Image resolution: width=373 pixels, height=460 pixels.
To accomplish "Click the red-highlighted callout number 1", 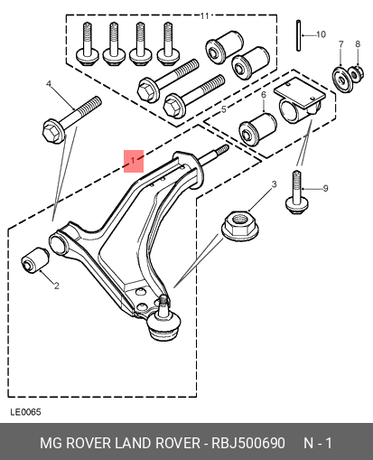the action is [134, 161].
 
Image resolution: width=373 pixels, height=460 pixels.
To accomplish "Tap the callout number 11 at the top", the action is [205, 15].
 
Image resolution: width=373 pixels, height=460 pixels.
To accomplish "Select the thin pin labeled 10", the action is [298, 35].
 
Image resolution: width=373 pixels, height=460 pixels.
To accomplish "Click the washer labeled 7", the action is [342, 80].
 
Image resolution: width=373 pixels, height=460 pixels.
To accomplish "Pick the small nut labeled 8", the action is [357, 73].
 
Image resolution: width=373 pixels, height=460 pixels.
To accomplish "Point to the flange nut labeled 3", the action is [240, 226].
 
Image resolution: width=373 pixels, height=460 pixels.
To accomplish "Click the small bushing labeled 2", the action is [35, 259].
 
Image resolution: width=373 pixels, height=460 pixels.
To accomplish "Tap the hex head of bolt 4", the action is [53, 132].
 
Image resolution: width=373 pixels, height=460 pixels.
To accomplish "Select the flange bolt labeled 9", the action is [297, 193].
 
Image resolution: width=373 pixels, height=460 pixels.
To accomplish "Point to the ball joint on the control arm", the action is [164, 324].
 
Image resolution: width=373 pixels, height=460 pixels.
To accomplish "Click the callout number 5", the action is [223, 109].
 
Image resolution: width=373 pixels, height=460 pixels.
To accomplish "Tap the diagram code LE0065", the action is [25, 412].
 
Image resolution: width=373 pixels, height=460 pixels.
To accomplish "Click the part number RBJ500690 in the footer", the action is [248, 443].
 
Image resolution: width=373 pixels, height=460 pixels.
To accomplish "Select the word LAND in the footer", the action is [133, 443].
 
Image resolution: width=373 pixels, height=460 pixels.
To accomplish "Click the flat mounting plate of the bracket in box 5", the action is [300, 92].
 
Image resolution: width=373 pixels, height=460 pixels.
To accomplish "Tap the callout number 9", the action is [325, 189].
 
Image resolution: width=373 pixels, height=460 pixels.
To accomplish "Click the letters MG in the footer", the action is [51, 443].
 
